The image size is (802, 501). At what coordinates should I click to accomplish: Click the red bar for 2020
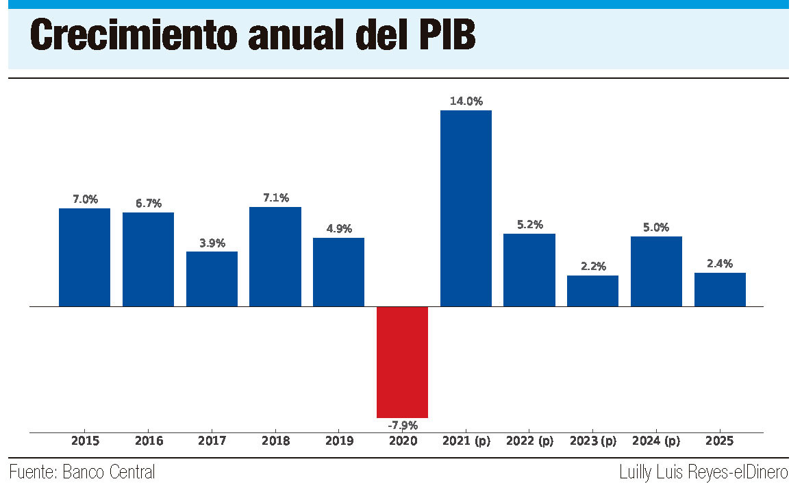[402, 362]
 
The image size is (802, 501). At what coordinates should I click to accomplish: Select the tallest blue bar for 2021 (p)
[466, 208]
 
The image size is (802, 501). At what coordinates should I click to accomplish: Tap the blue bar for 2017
[212, 278]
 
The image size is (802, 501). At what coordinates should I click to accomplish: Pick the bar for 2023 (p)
[592, 291]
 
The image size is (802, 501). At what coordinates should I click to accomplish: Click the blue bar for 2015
[84, 257]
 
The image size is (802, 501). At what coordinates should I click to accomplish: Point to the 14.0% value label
[466, 101]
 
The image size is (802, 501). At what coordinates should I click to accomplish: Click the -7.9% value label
[402, 425]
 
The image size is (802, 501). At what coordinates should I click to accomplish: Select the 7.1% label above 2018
[275, 197]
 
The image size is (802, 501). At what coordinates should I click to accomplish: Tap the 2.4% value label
[720, 263]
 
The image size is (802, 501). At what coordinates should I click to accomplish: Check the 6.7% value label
[148, 203]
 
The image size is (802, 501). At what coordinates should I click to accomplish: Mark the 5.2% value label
[529, 224]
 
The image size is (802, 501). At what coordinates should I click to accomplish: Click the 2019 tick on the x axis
[338, 441]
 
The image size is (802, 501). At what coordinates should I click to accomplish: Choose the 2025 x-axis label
[720, 441]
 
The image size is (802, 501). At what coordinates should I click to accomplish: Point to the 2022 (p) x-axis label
[529, 441]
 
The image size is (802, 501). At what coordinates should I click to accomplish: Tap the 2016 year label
[148, 441]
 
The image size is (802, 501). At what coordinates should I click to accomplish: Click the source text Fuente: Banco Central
[82, 472]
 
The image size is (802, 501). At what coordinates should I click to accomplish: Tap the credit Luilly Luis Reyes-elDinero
[703, 472]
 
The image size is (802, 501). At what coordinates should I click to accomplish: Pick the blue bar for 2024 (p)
[656, 271]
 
